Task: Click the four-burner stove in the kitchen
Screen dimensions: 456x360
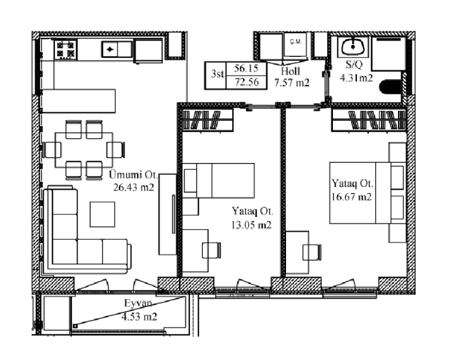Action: [66, 49]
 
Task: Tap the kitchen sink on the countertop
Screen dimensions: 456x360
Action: [117, 49]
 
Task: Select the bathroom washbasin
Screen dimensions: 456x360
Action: [353, 46]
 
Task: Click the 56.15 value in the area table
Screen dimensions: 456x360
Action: [246, 69]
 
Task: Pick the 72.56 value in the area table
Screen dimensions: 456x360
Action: [247, 82]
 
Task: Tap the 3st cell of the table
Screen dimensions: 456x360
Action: [217, 74]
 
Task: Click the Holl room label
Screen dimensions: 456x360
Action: [290, 71]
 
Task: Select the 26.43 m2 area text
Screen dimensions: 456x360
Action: [134, 187]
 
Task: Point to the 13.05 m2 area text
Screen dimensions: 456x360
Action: [251, 225]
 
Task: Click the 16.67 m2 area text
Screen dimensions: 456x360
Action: [352, 197]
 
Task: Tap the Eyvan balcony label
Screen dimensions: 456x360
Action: [138, 303]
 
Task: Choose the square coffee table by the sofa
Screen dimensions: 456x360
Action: [103, 214]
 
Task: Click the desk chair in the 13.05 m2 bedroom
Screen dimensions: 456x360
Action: [212, 250]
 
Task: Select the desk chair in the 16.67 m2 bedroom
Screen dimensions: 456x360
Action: [312, 252]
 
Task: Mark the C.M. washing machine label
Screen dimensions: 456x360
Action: [295, 42]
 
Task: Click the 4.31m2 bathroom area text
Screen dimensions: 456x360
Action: [356, 78]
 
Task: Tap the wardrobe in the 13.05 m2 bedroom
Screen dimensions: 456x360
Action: [207, 120]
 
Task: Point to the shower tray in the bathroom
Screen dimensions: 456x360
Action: [389, 53]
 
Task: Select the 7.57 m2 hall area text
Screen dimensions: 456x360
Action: [292, 83]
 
